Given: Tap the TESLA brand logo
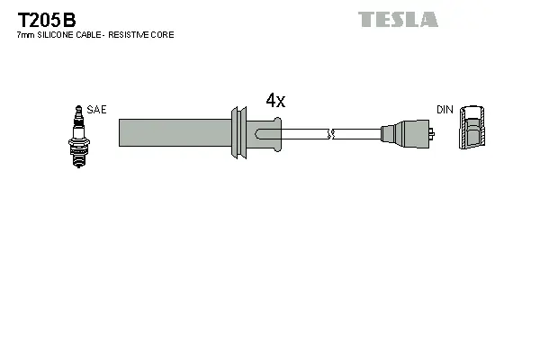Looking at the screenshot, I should [x=398, y=19].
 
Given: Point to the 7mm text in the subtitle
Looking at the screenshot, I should [x=23, y=35].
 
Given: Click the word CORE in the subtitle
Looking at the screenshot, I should [x=164, y=35].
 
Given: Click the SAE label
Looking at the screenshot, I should [x=97, y=110].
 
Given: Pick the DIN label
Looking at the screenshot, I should [x=445, y=110].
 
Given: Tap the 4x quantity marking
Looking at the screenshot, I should [x=275, y=101].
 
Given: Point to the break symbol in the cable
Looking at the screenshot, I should [x=332, y=134].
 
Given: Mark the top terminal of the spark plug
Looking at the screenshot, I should [x=76, y=109].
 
